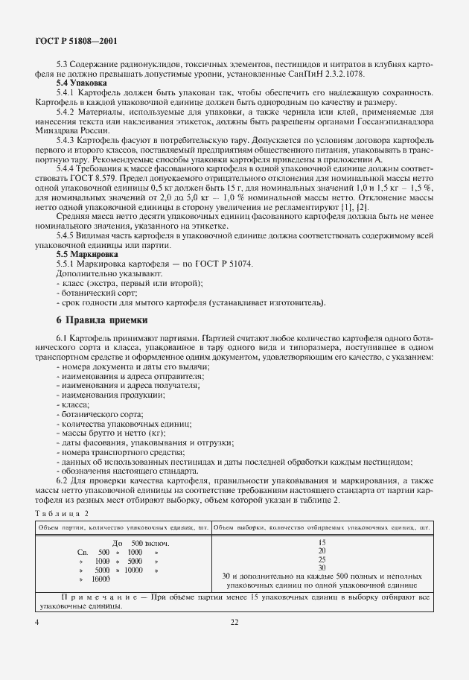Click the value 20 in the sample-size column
pyautogui.click(x=322, y=551)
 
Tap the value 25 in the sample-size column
pyautogui.click(x=322, y=559)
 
